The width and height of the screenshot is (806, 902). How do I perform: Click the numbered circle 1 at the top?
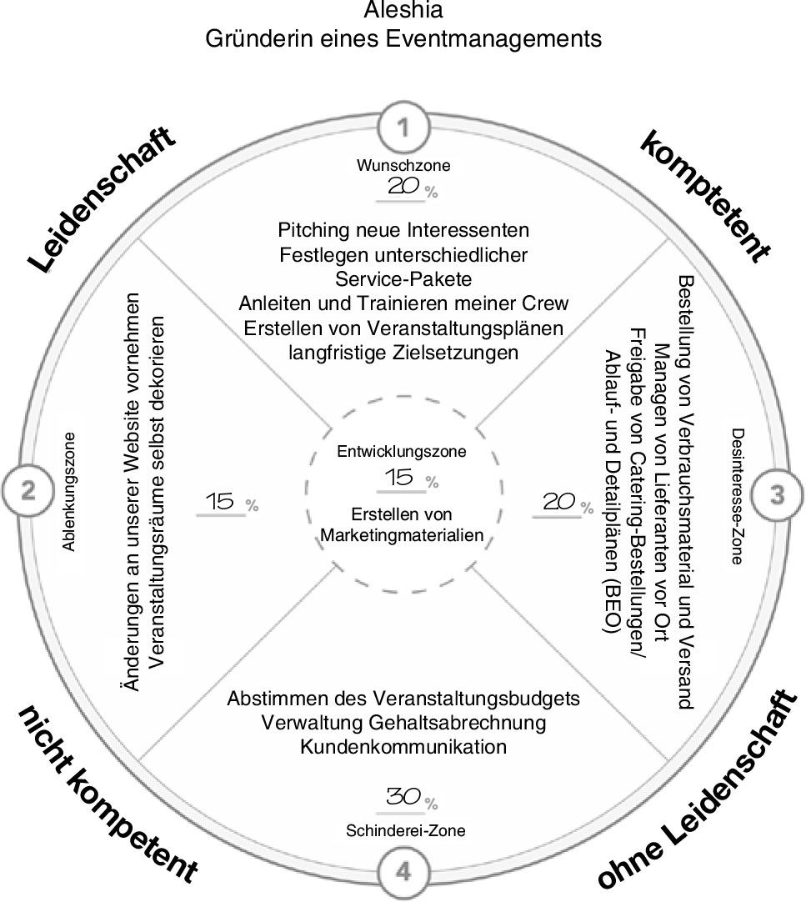click(x=403, y=128)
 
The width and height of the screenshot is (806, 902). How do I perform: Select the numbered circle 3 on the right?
click(x=777, y=494)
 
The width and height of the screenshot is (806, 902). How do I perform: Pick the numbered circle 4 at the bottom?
click(x=403, y=872)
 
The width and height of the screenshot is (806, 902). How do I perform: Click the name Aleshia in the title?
click(x=403, y=11)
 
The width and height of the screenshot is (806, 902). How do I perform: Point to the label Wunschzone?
click(x=403, y=165)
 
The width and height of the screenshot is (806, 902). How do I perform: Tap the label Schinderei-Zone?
click(x=405, y=830)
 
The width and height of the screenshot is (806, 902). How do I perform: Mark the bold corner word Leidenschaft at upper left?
click(x=103, y=199)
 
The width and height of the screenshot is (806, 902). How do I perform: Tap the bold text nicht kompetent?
click(x=108, y=794)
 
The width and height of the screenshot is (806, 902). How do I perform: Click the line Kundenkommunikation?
click(x=403, y=746)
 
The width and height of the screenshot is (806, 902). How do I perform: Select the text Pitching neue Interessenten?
click(x=403, y=228)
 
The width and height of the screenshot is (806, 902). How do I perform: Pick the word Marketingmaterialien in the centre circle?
click(x=403, y=535)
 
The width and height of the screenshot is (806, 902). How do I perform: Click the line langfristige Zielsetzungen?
click(x=403, y=353)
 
